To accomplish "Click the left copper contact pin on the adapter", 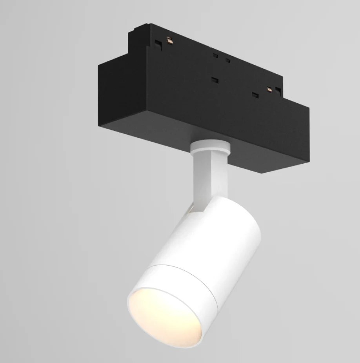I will (x=169, y=40).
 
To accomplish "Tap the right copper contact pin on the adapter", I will (x=270, y=89).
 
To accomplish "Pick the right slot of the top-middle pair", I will (x=227, y=61).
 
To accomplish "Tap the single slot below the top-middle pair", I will (x=214, y=80).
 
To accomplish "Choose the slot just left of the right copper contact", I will (x=256, y=95).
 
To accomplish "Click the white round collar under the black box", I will (x=209, y=147).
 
